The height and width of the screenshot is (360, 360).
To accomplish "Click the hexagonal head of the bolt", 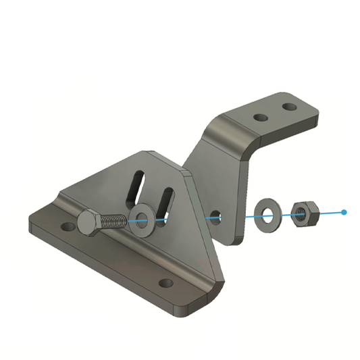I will tap(90, 224).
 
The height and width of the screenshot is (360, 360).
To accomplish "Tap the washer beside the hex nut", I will tap(267, 213).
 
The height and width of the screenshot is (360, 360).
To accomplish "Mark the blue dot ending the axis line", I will tap(344, 212).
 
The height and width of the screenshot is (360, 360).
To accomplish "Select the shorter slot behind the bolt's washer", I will tap(166, 199).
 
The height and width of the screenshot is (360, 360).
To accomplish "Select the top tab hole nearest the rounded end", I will tap(289, 107).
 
